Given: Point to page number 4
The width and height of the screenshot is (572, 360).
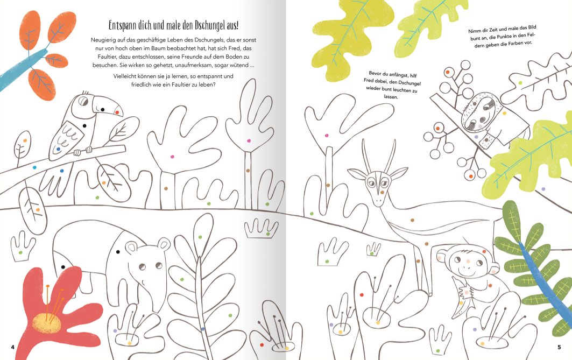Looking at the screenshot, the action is point(13,347).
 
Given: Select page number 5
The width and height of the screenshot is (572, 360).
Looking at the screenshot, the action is point(559,347).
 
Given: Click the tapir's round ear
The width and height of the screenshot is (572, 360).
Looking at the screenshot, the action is point(164,244).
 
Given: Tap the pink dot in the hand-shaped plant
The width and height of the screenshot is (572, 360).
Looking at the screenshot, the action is point(173,157).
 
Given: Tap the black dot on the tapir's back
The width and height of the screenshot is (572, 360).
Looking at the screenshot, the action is point(118,252).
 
